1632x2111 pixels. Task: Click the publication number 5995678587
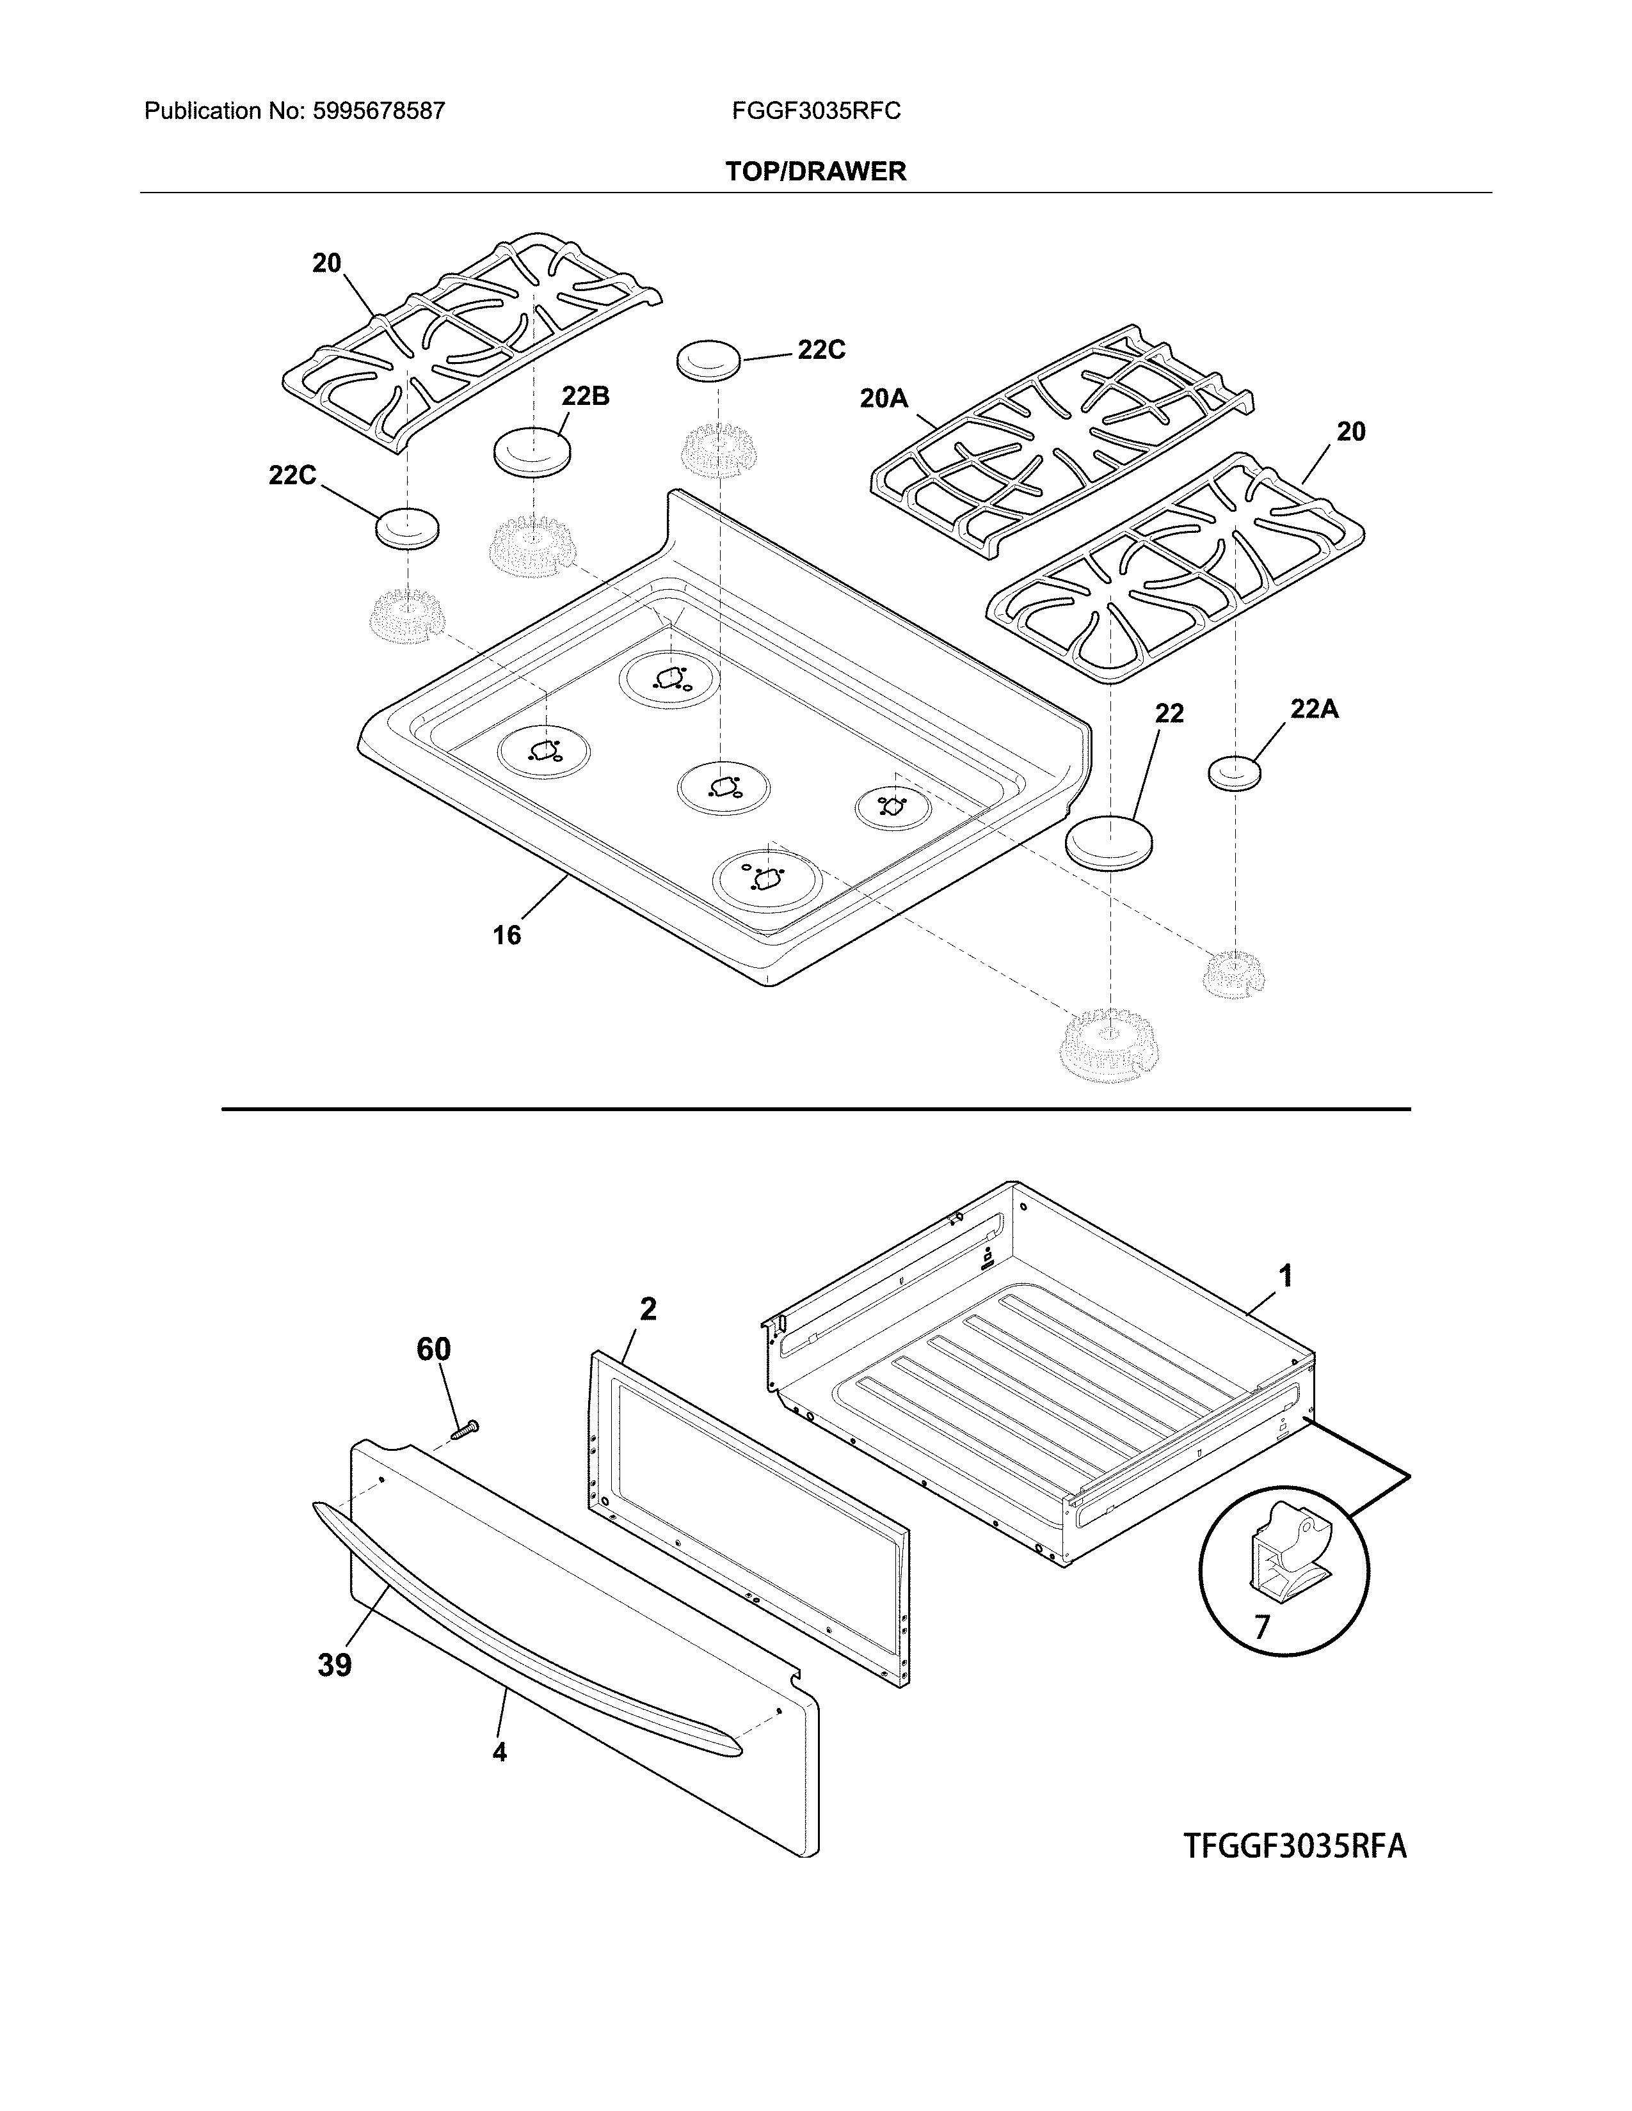[x=378, y=111]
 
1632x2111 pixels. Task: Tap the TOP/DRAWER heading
[x=816, y=172]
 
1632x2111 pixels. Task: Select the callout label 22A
[x=1314, y=709]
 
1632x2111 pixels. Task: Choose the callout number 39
[x=335, y=1664]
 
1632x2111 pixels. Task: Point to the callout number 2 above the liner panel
[x=648, y=1309]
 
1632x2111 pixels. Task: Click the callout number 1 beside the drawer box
[x=1285, y=1276]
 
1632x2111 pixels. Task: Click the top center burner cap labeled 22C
[x=708, y=361]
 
